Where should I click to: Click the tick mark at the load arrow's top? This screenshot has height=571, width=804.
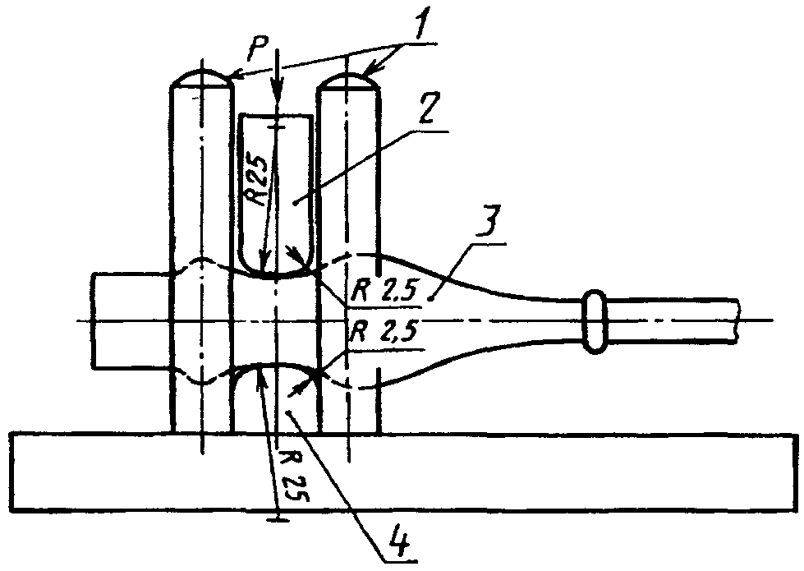tap(279, 126)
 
